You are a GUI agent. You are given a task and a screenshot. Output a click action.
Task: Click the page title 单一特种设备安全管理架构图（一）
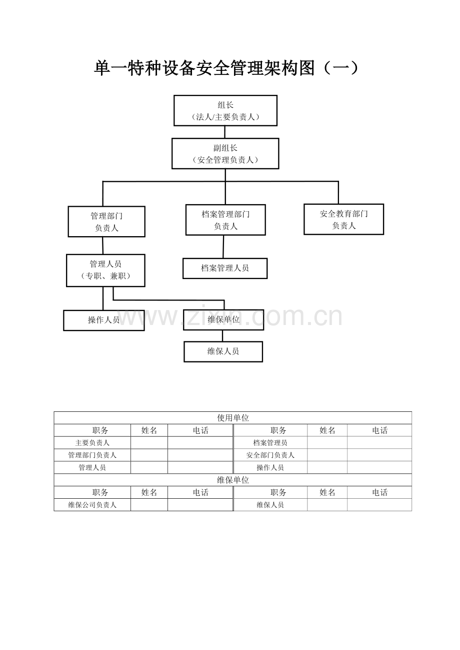tap(226, 68)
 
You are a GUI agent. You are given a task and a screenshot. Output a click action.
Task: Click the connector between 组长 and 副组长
tap(224, 132)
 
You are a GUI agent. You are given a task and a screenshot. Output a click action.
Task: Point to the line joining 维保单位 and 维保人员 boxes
tap(222, 336)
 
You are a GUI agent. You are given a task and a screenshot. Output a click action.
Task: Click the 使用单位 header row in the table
tap(233, 418)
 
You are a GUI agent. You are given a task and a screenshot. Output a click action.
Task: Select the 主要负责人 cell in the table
tap(92, 443)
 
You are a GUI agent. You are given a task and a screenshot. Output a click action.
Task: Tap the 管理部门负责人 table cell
tap(92, 455)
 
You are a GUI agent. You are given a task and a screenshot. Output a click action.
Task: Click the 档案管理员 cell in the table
tap(270, 443)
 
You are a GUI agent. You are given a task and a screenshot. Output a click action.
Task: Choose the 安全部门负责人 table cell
tap(270, 455)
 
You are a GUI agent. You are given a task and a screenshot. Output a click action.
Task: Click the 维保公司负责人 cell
tap(92, 505)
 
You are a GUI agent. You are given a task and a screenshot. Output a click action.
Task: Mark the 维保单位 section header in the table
tap(233, 480)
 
